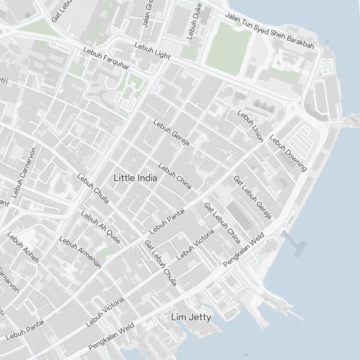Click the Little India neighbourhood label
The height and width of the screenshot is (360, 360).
[135, 178]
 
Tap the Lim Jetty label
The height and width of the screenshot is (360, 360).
[191, 318]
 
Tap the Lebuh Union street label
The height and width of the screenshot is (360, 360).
[251, 126]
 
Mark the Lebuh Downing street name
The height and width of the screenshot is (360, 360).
[288, 153]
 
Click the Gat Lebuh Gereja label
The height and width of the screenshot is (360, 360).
[252, 197]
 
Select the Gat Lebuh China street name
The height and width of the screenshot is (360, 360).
[222, 223]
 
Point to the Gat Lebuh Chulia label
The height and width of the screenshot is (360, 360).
[161, 263]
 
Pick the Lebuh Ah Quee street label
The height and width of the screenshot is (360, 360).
[100, 227]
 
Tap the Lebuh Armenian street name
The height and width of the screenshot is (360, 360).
[80, 252]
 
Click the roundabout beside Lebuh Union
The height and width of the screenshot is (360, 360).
[293, 108]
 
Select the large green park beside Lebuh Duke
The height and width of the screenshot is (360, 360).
[228, 49]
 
